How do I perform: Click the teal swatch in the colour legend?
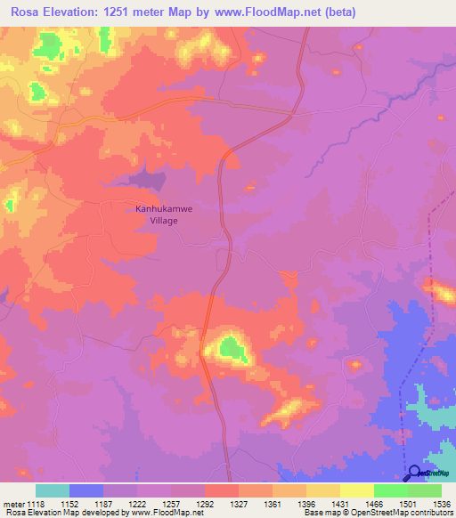(53, 490)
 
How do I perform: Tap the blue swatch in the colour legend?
(86, 490)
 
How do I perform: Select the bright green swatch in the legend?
(391, 490)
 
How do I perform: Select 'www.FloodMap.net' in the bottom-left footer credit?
(167, 513)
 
